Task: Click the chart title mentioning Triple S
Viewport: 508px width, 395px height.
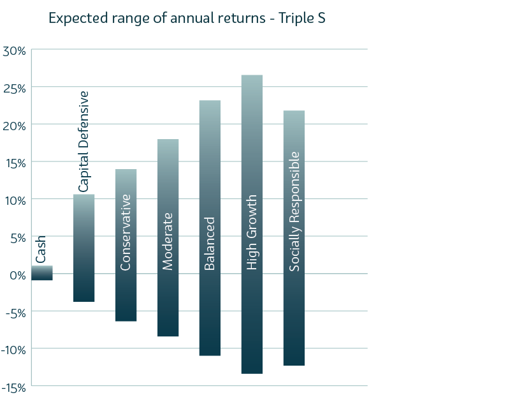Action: click(x=187, y=19)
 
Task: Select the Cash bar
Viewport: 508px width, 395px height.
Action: click(x=42, y=273)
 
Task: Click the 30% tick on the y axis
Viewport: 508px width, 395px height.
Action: click(x=13, y=50)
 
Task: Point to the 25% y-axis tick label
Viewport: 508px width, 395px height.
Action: click(x=13, y=87)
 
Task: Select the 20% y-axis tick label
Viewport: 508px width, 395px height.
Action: click(x=13, y=125)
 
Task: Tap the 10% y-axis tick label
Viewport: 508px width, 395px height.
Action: click(x=13, y=200)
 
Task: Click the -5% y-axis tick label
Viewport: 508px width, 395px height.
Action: click(x=13, y=312)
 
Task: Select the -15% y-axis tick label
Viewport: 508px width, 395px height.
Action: click(x=13, y=387)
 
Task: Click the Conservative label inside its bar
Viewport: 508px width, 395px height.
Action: click(x=126, y=232)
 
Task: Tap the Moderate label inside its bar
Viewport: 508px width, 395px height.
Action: click(x=168, y=241)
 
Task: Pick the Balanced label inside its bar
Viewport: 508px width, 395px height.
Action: click(x=210, y=244)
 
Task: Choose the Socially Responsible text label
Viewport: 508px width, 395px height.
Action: click(x=294, y=211)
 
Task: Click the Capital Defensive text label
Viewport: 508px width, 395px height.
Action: click(x=83, y=141)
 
